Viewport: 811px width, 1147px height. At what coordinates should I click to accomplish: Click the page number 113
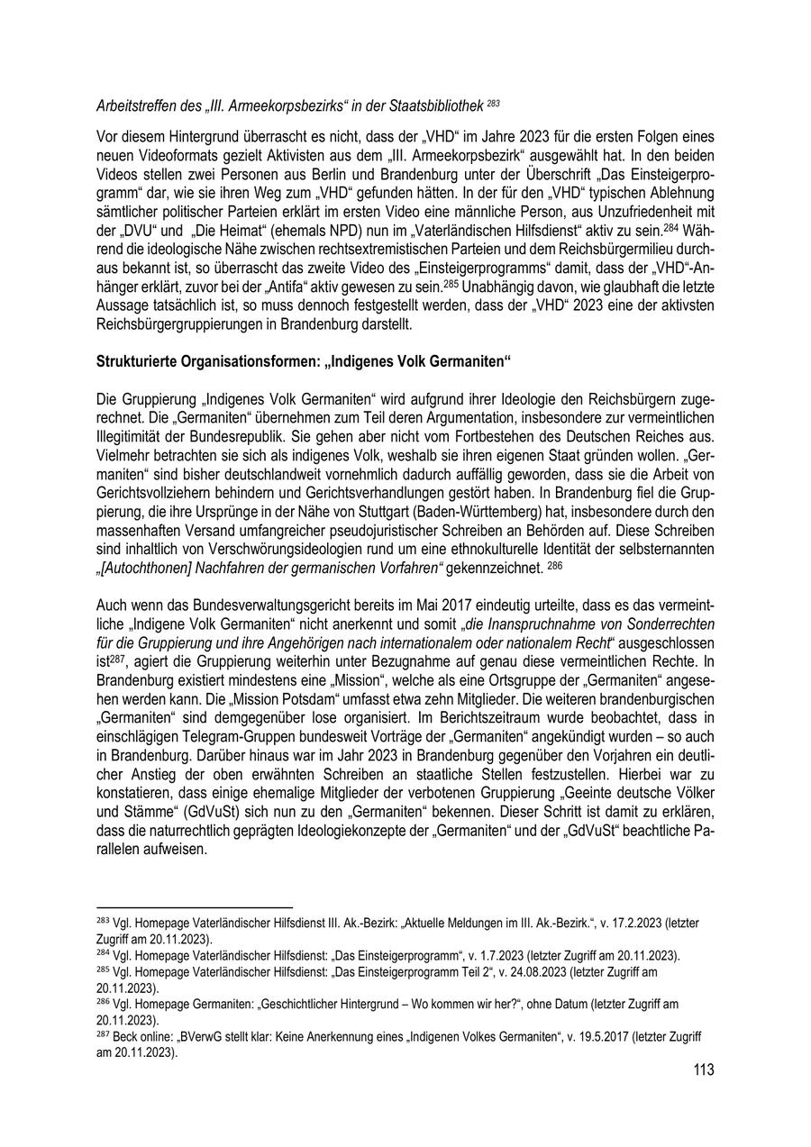(x=703, y=1070)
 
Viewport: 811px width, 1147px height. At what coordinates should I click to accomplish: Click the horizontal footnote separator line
(x=195, y=908)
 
